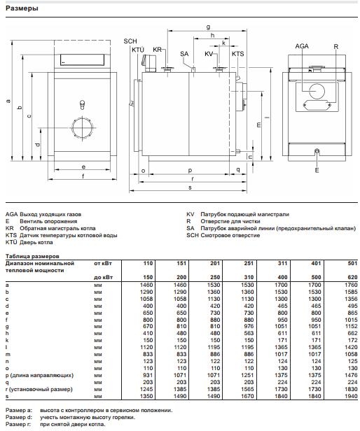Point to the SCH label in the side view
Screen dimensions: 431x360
tap(131, 42)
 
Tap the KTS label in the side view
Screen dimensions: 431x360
tap(237, 54)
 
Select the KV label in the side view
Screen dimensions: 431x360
tap(209, 54)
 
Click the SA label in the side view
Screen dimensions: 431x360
tap(184, 54)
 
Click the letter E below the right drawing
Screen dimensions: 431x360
tap(317, 171)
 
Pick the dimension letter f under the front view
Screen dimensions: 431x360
tap(83, 177)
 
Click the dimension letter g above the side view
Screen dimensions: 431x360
tap(208, 27)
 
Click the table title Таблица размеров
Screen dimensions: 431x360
tap(28, 256)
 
